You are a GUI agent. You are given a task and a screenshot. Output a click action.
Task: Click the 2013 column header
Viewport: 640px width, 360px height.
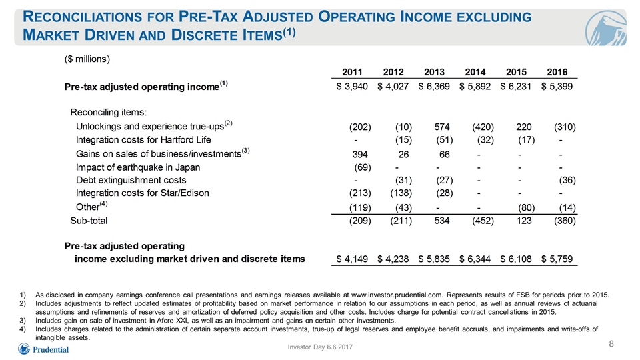click(x=434, y=72)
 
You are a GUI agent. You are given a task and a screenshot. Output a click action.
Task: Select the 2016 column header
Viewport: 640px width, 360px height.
click(x=557, y=72)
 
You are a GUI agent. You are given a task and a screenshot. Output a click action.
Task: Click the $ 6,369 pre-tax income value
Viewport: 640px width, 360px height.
click(x=434, y=87)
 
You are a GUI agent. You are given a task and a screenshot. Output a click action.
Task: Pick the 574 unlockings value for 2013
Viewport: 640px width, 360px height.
click(x=442, y=127)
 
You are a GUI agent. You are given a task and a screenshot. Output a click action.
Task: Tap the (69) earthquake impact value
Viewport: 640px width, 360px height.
click(x=363, y=167)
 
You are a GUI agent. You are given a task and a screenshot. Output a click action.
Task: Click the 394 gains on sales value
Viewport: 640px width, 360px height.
click(x=360, y=154)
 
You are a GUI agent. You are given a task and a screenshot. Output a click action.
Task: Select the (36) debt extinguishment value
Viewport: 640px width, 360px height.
click(x=567, y=181)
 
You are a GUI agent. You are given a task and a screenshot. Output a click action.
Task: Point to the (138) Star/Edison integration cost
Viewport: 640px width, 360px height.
click(x=401, y=193)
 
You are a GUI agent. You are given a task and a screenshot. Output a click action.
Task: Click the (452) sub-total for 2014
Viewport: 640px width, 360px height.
click(x=483, y=221)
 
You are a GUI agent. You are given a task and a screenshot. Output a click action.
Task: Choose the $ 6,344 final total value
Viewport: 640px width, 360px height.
click(x=475, y=259)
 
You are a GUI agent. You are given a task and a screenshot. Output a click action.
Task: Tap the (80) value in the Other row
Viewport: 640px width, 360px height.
click(x=527, y=208)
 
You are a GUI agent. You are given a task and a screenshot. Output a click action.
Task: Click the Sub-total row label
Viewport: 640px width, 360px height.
click(x=89, y=221)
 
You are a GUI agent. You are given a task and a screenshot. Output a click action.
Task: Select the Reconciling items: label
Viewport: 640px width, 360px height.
click(x=109, y=112)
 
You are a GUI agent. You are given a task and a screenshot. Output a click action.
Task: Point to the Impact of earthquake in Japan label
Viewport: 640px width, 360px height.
click(x=138, y=167)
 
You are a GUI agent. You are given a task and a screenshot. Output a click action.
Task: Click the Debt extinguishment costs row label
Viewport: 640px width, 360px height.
click(x=131, y=181)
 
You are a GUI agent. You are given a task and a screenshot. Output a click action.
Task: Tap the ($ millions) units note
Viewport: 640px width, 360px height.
click(x=87, y=59)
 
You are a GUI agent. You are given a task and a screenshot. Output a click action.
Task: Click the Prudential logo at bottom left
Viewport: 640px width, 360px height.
click(x=43, y=349)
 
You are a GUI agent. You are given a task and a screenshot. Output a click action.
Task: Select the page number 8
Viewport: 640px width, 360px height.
click(x=611, y=344)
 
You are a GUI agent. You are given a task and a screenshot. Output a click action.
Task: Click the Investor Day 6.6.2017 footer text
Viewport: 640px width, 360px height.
click(x=320, y=347)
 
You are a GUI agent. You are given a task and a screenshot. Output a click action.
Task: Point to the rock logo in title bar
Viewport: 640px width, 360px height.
click(x=605, y=28)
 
